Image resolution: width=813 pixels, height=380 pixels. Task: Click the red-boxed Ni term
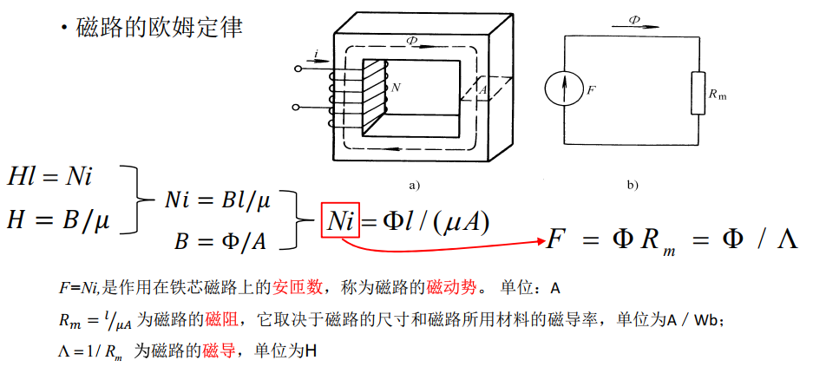click(x=340, y=221)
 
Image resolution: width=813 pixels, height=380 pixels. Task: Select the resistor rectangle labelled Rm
click(x=698, y=94)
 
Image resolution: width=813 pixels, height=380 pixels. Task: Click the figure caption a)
click(x=413, y=185)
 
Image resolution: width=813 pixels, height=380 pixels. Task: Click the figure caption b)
click(x=632, y=185)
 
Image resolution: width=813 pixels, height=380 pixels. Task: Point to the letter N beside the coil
click(x=397, y=88)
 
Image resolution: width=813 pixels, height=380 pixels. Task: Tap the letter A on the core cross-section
click(x=482, y=88)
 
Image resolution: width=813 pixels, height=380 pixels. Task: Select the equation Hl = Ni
click(x=49, y=176)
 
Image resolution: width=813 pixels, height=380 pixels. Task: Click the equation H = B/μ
click(x=58, y=220)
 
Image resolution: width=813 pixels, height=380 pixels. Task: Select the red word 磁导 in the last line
click(x=217, y=352)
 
